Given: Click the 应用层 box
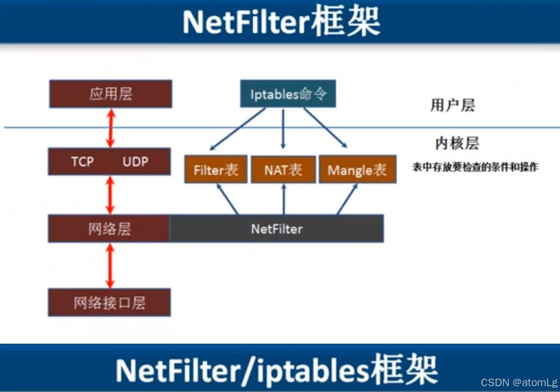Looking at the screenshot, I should click(110, 94).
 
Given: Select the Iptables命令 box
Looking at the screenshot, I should click(288, 95).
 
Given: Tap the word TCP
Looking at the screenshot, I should click(82, 161).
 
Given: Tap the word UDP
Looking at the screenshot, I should click(135, 161).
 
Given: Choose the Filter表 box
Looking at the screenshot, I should click(216, 170).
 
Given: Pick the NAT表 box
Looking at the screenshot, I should click(283, 170).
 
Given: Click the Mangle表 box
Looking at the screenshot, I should click(357, 170).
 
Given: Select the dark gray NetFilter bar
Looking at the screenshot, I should click(277, 229).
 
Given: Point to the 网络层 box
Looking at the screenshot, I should click(109, 229).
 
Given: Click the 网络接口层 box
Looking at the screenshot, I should click(109, 303).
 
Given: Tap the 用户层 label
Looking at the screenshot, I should click(452, 105).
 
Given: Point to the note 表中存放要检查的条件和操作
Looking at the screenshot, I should click(475, 167).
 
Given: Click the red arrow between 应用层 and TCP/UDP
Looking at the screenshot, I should click(110, 127).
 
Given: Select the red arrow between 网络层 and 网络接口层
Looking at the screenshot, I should click(110, 266).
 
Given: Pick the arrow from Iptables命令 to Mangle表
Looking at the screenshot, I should click(325, 127).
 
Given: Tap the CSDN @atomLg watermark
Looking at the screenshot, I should click(519, 382).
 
